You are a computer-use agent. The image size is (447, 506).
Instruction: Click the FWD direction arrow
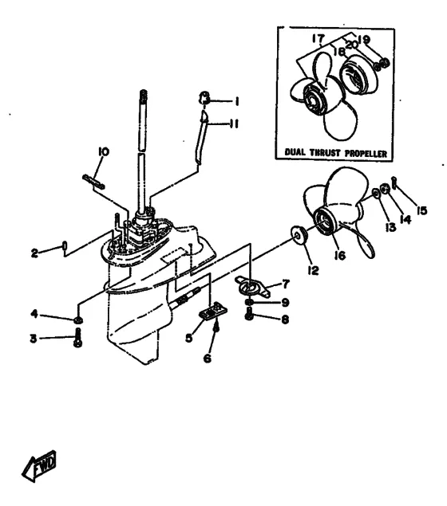39,466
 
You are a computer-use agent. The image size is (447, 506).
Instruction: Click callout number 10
104,151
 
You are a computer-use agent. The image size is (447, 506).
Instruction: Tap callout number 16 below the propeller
340,255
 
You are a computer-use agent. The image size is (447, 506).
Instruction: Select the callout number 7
286,284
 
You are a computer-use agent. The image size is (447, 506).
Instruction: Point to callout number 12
313,270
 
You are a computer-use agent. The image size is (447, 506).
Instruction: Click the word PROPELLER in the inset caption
366,153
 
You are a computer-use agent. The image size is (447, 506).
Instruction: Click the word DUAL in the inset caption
295,152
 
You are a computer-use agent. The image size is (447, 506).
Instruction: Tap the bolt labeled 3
77,338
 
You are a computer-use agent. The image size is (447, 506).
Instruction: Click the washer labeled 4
78,320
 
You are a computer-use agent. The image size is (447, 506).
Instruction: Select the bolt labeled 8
248,314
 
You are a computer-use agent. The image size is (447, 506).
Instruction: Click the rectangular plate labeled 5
213,312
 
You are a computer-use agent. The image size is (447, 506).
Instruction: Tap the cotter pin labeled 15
394,183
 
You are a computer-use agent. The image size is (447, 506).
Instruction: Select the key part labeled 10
93,182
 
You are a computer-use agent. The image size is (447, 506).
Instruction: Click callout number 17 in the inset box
318,38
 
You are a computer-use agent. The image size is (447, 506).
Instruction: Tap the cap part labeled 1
204,98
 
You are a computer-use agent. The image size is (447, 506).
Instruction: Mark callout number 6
208,358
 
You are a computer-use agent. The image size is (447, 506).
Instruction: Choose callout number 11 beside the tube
234,124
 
